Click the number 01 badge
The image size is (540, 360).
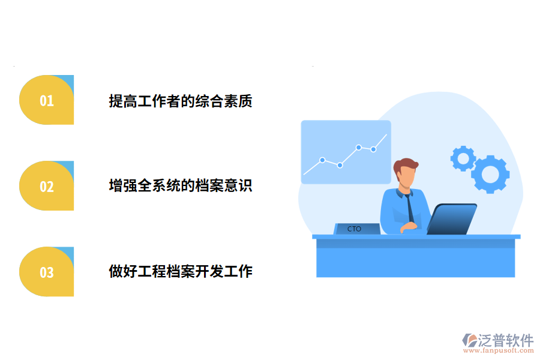(47, 100)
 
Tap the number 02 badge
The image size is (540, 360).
(47, 186)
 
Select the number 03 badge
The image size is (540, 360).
(47, 272)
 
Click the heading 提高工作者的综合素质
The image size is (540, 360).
(180, 101)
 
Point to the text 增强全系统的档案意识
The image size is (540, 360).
(180, 185)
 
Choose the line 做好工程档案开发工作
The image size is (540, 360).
(180, 271)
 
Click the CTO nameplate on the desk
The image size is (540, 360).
(355, 229)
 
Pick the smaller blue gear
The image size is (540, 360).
(463, 158)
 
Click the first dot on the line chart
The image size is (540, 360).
(322, 160)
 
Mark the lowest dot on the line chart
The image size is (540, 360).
(340, 165)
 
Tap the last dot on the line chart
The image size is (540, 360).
(373, 149)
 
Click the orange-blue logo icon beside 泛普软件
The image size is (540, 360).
(469, 340)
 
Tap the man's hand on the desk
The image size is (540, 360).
(410, 226)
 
